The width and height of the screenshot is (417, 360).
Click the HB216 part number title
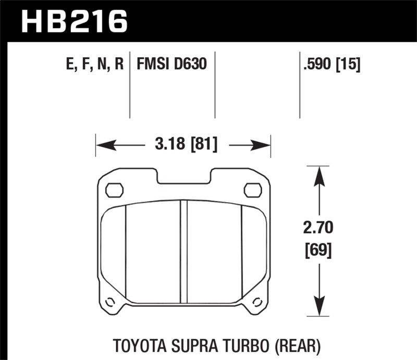click(73, 20)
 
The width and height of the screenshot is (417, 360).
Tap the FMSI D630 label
click(172, 65)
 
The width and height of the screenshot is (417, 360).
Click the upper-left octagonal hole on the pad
click(114, 190)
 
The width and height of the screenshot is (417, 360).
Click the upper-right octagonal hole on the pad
click(253, 190)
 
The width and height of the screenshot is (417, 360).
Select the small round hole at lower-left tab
click(109, 302)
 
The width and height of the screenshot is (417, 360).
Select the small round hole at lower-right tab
click(257, 302)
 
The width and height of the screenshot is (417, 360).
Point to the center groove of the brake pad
click(183, 250)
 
